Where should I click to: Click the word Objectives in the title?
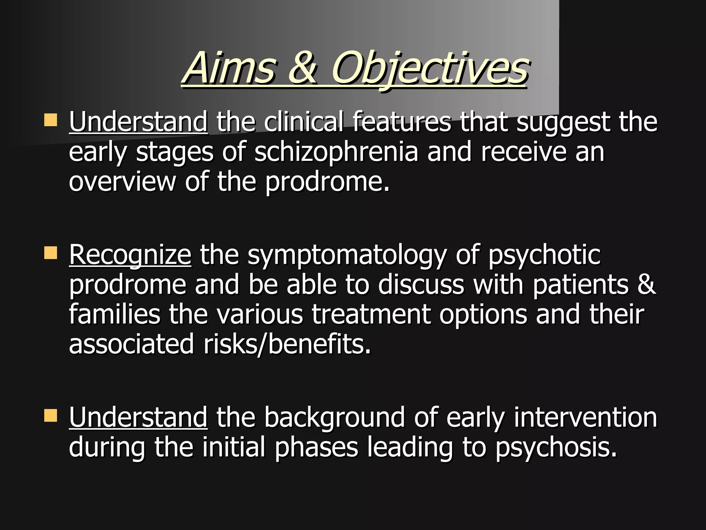click(429, 68)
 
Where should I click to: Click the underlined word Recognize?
click(130, 255)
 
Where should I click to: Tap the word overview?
click(122, 181)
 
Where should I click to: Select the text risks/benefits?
click(287, 344)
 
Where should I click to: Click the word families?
click(114, 314)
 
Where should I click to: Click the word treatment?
click(371, 314)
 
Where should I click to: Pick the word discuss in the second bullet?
click(421, 284)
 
